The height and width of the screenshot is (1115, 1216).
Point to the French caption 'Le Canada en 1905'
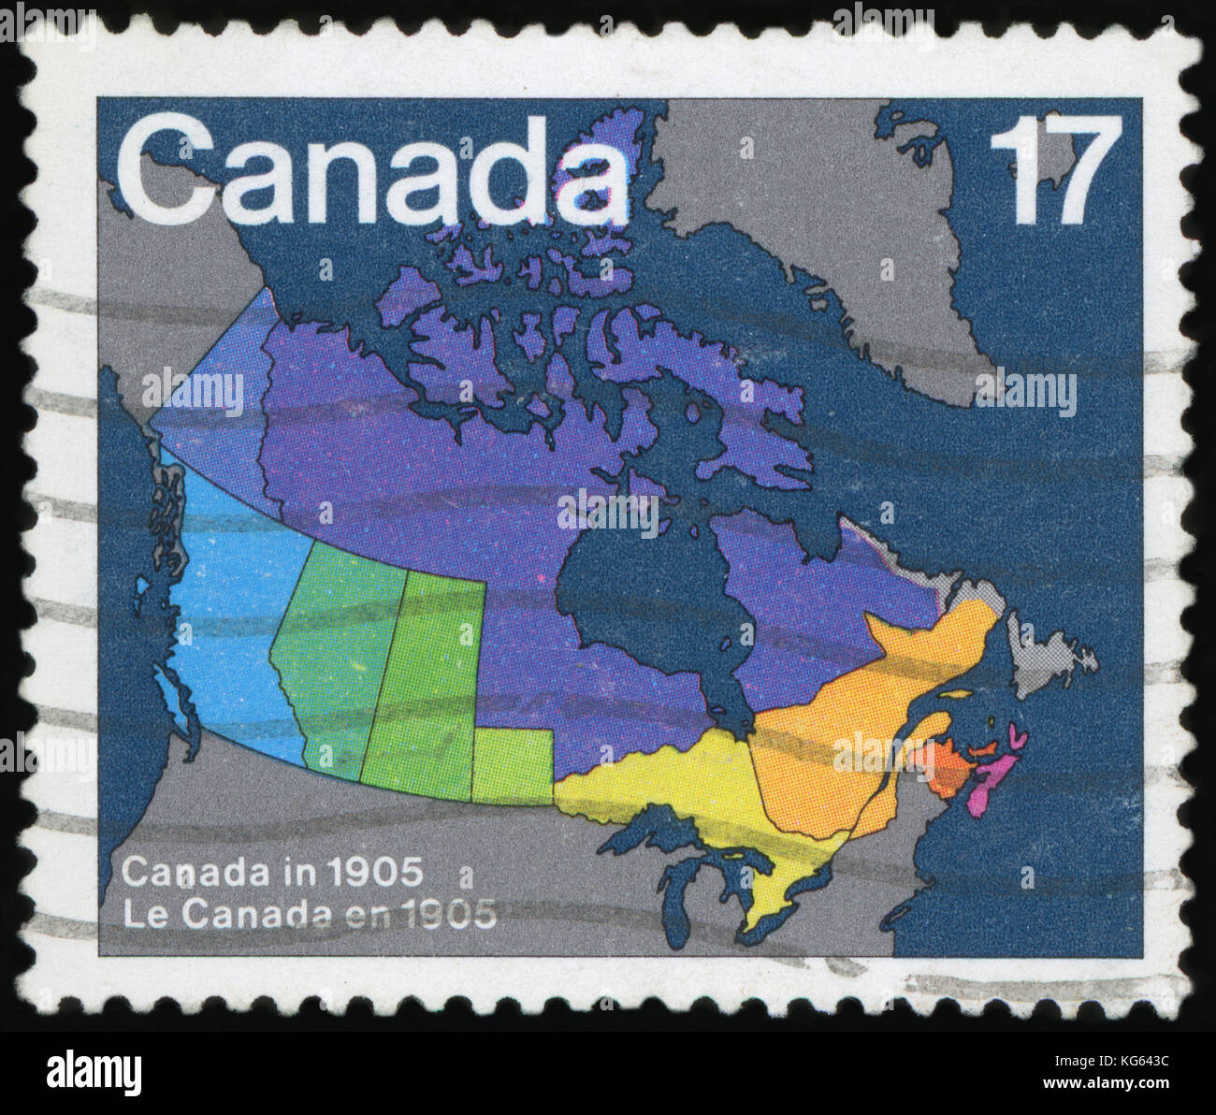310,914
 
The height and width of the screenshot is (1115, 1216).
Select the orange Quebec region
842,739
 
